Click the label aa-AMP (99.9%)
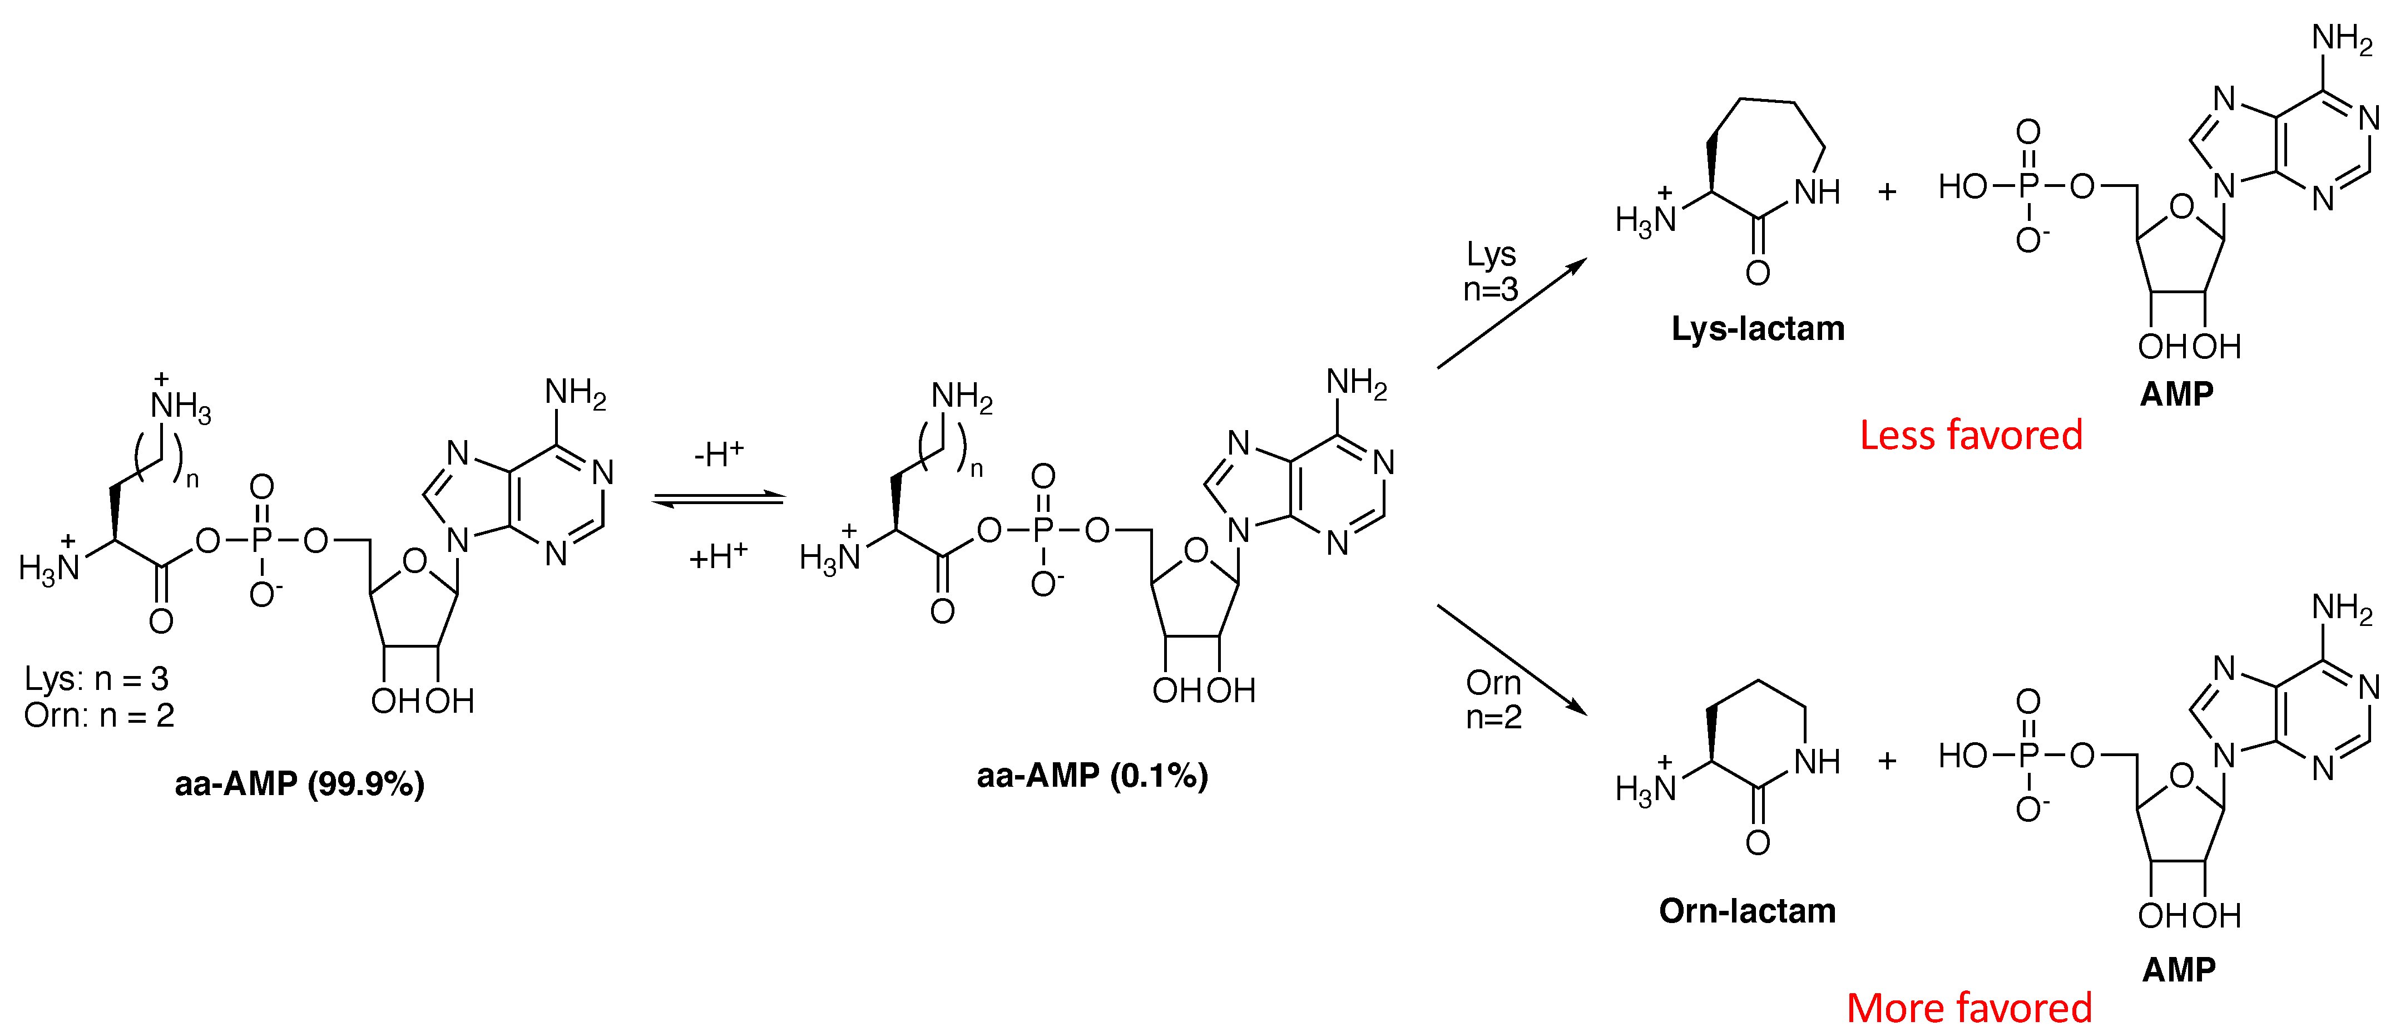click(x=299, y=784)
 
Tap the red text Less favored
click(x=1970, y=435)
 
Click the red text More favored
click(x=1968, y=1008)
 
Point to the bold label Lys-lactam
click(x=1757, y=328)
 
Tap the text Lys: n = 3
click(x=97, y=679)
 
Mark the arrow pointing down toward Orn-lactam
click(x=1511, y=658)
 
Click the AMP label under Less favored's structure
click(x=2176, y=394)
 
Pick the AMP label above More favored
click(x=2179, y=970)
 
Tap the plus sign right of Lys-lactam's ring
click(x=1887, y=191)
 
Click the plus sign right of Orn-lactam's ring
click(x=1887, y=761)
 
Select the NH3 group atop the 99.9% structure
click(x=180, y=406)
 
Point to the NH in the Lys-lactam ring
click(x=1817, y=191)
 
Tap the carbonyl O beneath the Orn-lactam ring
click(x=1757, y=842)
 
